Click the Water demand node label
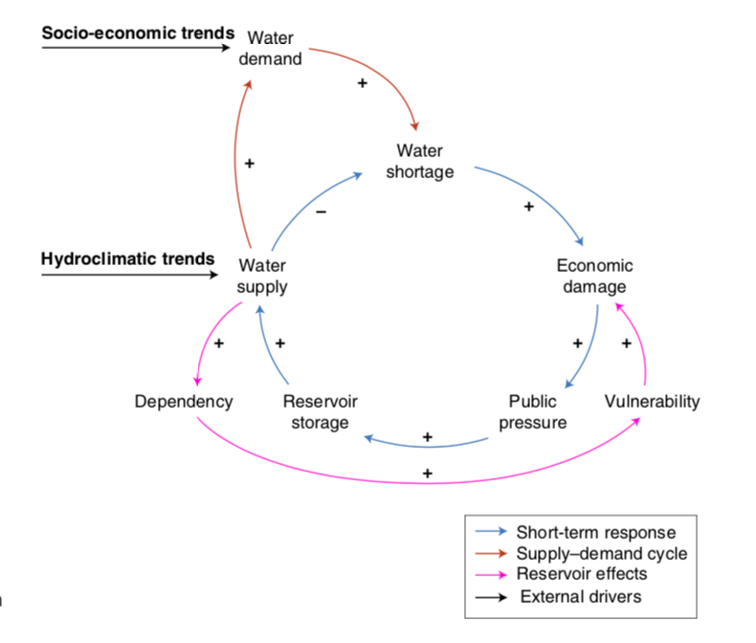pos(271,48)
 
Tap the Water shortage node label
pos(420,161)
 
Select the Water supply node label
pos(262,277)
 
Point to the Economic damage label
pos(594,277)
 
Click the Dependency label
pos(184,402)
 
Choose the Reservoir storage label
pos(321,411)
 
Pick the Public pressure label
pos(533,411)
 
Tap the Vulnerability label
pos(653,402)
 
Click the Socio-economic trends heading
pos(138,33)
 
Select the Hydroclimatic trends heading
pos(128,259)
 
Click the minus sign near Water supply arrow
pos(322,211)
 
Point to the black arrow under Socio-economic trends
pos(136,47)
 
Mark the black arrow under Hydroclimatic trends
pos(130,275)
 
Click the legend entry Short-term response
pos(596,533)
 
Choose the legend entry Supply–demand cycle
pos(602,554)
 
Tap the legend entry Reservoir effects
pos(582,574)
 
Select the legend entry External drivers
pos(581,597)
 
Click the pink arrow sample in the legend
pos(491,574)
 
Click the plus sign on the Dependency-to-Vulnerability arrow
pos(427,474)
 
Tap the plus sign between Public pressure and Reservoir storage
pos(427,437)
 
